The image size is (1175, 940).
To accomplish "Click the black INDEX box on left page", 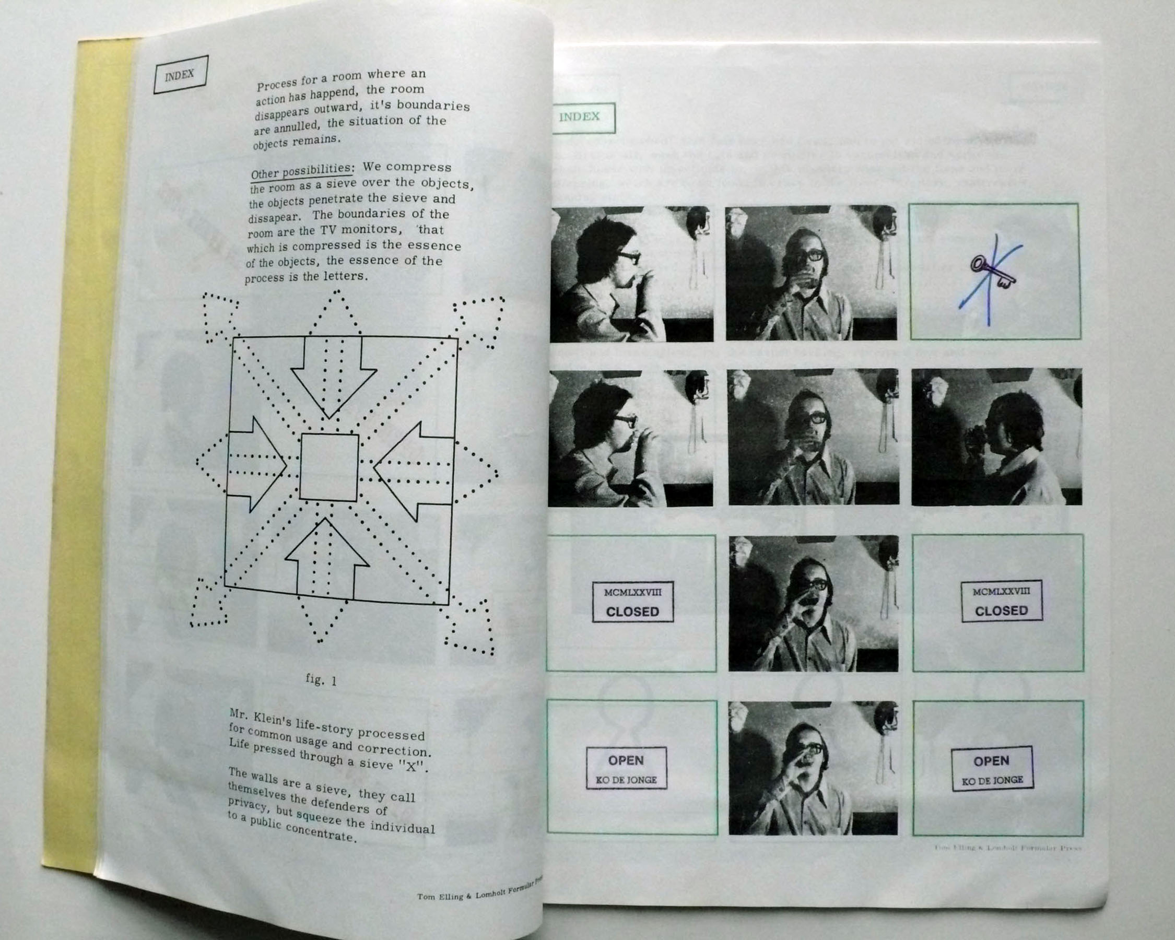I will pyautogui.click(x=180, y=75).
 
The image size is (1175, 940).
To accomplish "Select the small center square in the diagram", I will pyautogui.click(x=328, y=467).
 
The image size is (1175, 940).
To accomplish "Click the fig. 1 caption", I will pyautogui.click(x=321, y=680).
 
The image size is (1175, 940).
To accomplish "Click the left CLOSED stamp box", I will pyautogui.click(x=632, y=603).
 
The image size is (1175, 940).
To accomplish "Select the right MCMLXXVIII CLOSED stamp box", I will pyautogui.click(x=1001, y=601).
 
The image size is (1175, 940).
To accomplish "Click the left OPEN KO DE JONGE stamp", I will pyautogui.click(x=626, y=768).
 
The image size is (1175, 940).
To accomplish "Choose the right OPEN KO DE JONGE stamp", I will pyautogui.click(x=992, y=768).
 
